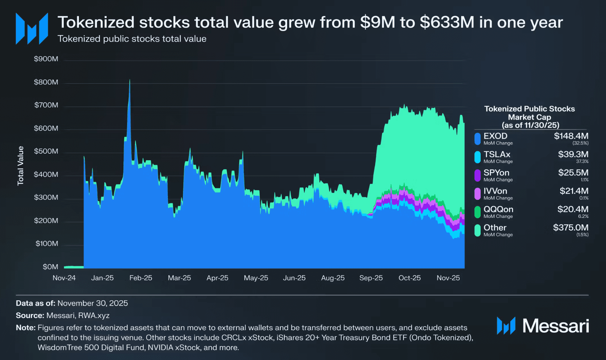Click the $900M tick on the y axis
(x=46, y=59)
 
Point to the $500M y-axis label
(x=46, y=151)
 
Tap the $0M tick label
(x=50, y=267)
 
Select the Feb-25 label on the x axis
(x=141, y=278)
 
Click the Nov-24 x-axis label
(x=64, y=278)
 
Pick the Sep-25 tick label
(x=371, y=278)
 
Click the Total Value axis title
(x=21, y=166)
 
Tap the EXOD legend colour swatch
(x=477, y=139)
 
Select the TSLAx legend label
(x=497, y=154)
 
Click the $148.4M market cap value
(x=571, y=136)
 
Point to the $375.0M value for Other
(x=571, y=228)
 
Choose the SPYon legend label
(x=496, y=173)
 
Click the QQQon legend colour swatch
(x=477, y=212)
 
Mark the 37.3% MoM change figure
(x=582, y=161)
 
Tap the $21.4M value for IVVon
(x=574, y=191)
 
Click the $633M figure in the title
(x=447, y=22)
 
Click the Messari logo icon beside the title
(x=32, y=29)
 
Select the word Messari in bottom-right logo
(x=556, y=326)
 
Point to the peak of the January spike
(x=130, y=80)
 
